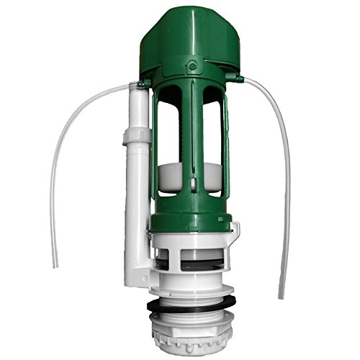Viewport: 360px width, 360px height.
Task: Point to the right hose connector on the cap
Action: coord(237,74)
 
